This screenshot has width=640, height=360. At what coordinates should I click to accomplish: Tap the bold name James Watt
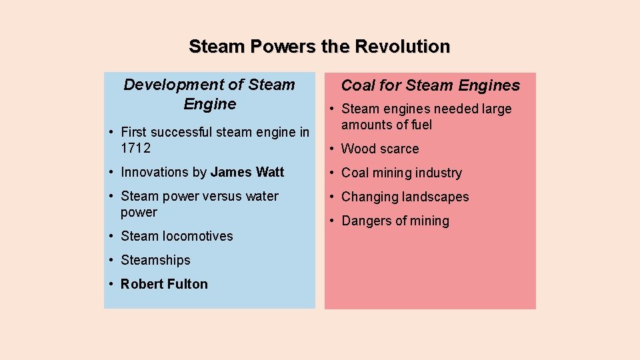pos(247,172)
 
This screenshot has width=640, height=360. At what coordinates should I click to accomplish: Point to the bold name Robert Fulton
pos(164,284)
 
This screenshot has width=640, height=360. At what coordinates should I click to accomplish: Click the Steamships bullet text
pos(155,260)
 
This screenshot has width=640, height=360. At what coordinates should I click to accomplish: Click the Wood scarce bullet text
pos(380,149)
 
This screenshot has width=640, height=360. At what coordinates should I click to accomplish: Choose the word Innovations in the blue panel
pos(154,172)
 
